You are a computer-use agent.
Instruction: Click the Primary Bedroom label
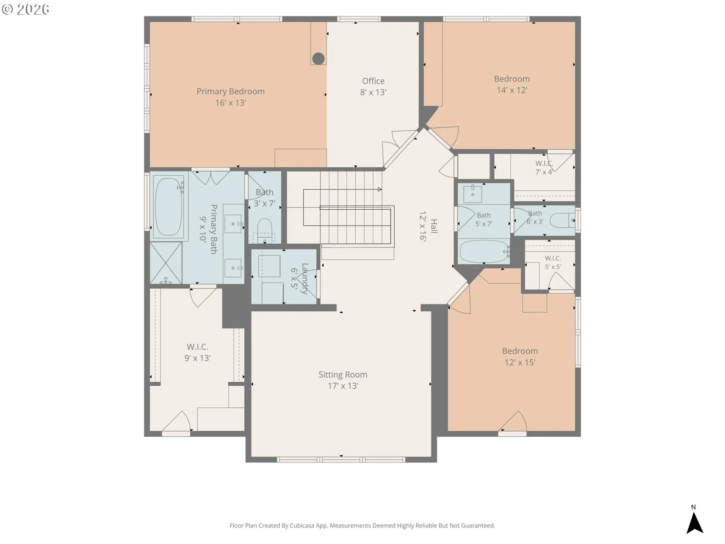[x=230, y=91]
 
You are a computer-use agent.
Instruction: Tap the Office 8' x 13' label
[x=373, y=87]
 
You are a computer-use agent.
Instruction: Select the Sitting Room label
[x=343, y=375]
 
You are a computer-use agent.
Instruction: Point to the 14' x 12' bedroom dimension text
[x=512, y=90]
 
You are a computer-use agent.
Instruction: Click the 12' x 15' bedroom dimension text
[x=520, y=362]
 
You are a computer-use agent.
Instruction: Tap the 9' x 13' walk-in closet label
[x=197, y=352]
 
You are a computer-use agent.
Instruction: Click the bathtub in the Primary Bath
[x=168, y=206]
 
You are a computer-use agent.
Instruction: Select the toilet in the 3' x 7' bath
[x=265, y=230]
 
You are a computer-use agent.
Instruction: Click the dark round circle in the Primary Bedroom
[x=318, y=59]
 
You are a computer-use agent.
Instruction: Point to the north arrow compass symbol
[x=694, y=522]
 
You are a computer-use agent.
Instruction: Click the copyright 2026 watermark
[x=26, y=9]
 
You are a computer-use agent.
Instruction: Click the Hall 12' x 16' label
[x=428, y=226]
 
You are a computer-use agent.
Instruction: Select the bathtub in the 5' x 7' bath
[x=484, y=251]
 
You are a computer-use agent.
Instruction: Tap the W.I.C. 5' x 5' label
[x=553, y=263]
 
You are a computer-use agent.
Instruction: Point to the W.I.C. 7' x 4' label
[x=544, y=168]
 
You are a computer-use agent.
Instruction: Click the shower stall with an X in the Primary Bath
[x=166, y=263]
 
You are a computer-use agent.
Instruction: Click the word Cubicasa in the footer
[x=302, y=525]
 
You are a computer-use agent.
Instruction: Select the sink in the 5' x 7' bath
[x=473, y=193]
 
